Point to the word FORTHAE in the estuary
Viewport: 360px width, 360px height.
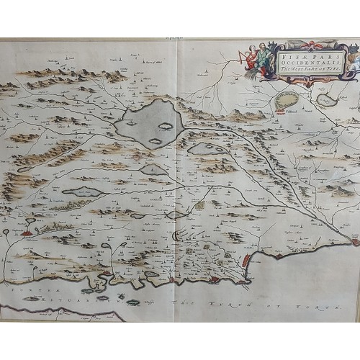[26, 290]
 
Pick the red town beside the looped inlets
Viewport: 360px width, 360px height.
[27, 233]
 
